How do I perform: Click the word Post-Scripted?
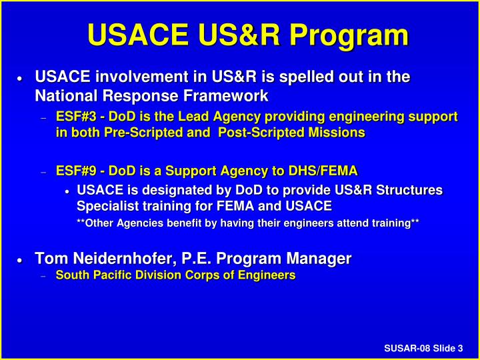[256, 132]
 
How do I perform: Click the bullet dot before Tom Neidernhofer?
[21, 259]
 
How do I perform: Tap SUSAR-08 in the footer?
[407, 348]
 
